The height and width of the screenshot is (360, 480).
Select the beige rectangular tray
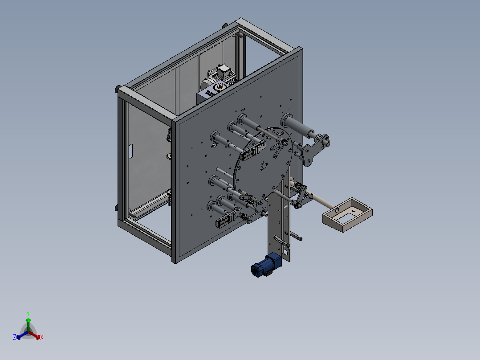[x=347, y=214]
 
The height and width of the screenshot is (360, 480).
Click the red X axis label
[x=42, y=337]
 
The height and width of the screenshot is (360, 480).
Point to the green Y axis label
[x=28, y=313]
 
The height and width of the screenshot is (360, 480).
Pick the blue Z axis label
[x=15, y=337]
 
